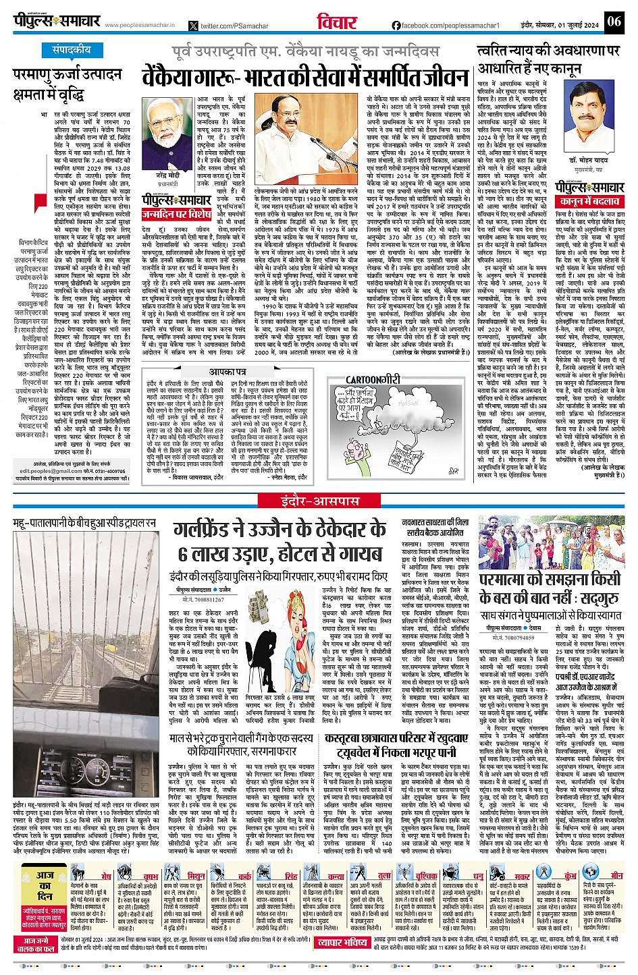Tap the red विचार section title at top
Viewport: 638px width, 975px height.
tap(336, 22)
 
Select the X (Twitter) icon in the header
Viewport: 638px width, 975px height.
tap(194, 26)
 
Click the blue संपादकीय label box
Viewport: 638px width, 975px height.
tap(72, 50)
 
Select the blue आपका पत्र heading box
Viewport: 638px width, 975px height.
tap(227, 372)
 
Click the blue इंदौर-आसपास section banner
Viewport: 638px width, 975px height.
tap(320, 500)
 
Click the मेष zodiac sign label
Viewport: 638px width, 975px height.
tap(107, 875)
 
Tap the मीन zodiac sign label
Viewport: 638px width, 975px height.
tap(610, 875)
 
